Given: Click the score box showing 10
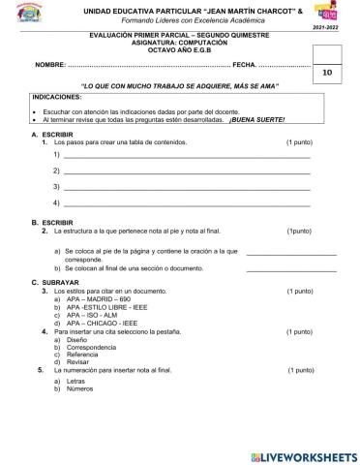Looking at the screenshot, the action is point(326,72).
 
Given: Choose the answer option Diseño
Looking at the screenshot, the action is point(77,340).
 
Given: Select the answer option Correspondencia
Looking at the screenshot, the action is point(93,348).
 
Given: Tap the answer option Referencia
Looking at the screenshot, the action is point(84,356).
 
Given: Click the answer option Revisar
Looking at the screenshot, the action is point(79,363).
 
